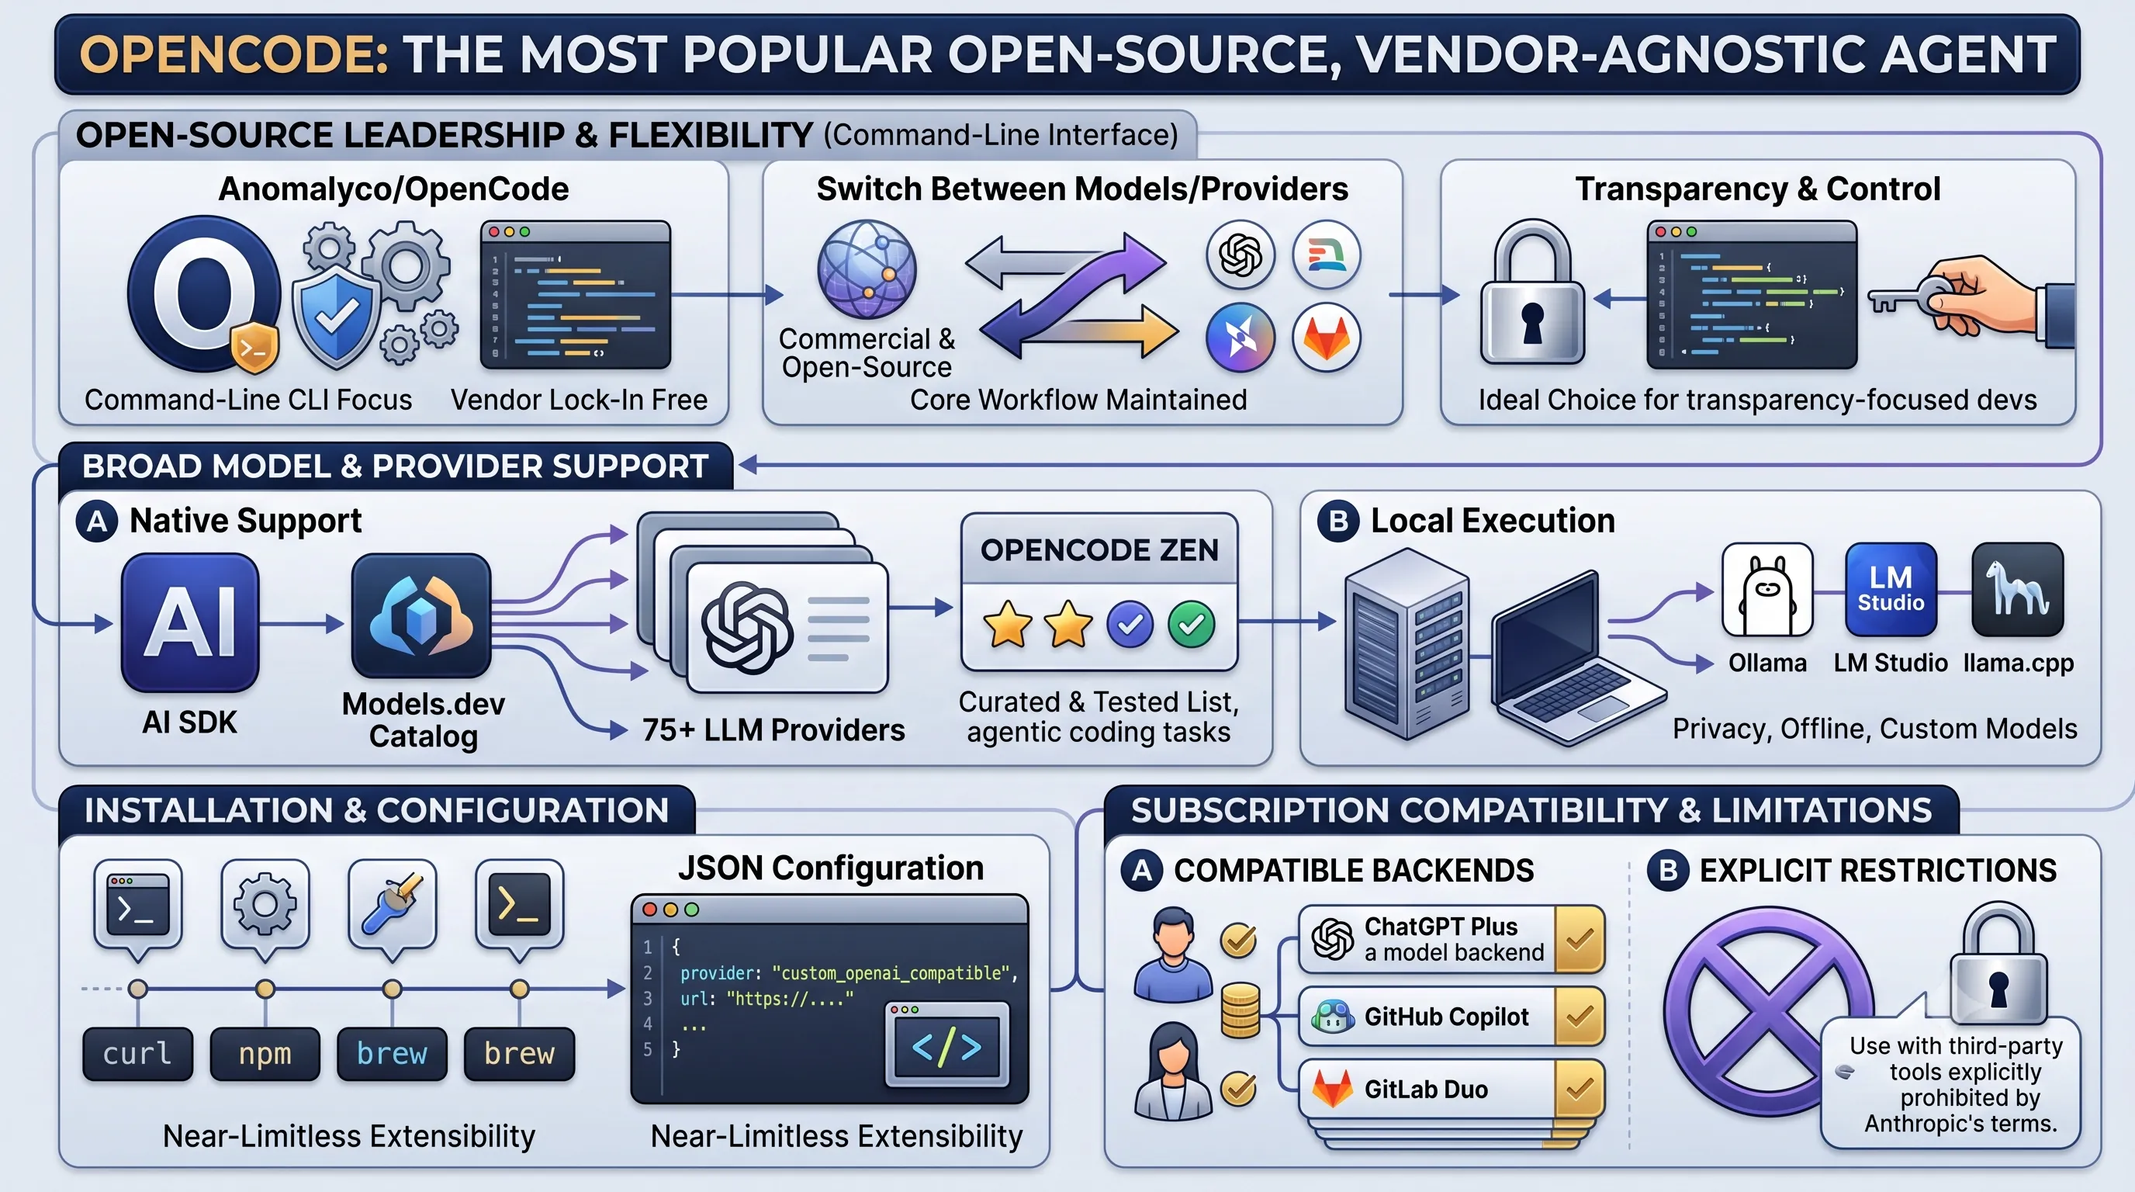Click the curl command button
pyautogui.click(x=137, y=1054)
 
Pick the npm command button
pyautogui.click(x=265, y=1054)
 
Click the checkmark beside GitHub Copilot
pyautogui.click(x=1580, y=1017)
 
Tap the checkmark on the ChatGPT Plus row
pyautogui.click(x=1580, y=939)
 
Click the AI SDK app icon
pyautogui.click(x=191, y=622)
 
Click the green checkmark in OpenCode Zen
pyautogui.click(x=1192, y=624)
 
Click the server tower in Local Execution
pyautogui.click(x=1407, y=643)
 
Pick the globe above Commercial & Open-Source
pyautogui.click(x=867, y=269)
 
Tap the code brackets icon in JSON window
pyautogui.click(x=947, y=1046)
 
